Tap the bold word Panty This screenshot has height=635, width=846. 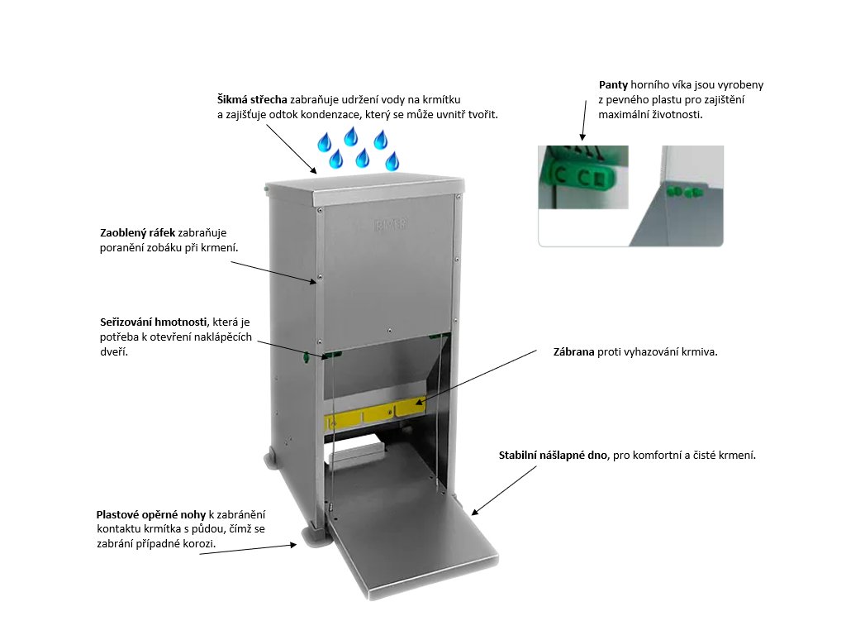(613, 85)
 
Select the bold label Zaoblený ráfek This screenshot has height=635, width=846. (137, 233)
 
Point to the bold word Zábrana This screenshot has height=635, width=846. (573, 351)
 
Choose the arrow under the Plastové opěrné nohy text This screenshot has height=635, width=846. (248, 549)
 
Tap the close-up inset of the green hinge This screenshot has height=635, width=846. (582, 177)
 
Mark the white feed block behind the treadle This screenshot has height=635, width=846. (356, 451)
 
